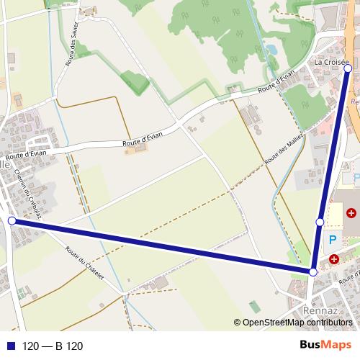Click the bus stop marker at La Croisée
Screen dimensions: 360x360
pos(348,69)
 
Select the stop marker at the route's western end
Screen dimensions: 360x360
pos(12,220)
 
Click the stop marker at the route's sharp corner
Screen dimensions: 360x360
pos(313,272)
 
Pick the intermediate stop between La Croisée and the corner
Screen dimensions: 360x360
pos(320,222)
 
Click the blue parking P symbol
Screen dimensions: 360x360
pos(333,240)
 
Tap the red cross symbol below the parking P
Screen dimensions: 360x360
pos(334,258)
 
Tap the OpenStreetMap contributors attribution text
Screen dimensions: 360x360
pos(297,323)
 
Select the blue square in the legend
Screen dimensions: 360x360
pos(11,346)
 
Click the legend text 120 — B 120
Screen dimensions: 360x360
pos(53,346)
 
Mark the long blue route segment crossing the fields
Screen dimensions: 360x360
pos(163,246)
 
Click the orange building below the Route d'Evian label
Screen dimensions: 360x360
pos(139,148)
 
